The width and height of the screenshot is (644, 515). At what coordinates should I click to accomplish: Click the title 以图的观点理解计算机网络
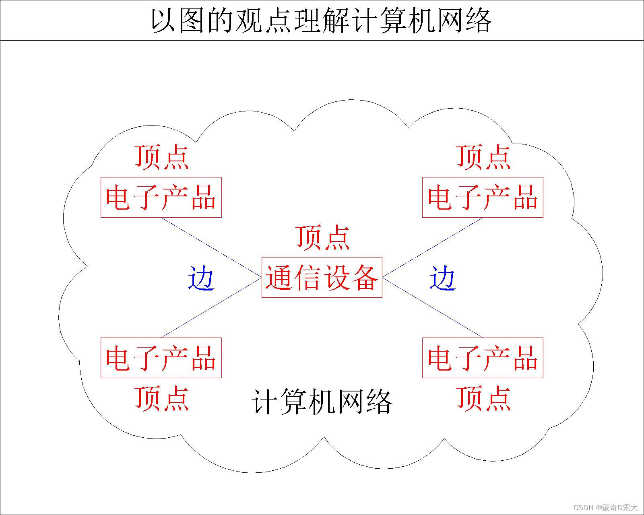tap(321, 20)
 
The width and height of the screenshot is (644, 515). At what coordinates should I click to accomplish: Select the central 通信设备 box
tap(322, 277)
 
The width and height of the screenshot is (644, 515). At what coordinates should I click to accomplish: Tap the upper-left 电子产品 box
tap(161, 197)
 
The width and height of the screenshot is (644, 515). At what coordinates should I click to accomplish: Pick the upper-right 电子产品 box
tap(483, 197)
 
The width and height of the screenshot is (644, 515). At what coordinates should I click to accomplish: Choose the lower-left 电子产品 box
tap(161, 358)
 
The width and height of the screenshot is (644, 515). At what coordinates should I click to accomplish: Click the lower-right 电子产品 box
tap(483, 358)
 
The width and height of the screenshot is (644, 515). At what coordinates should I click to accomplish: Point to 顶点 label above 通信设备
tap(323, 237)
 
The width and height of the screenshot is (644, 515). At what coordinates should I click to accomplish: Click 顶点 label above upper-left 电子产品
tap(162, 157)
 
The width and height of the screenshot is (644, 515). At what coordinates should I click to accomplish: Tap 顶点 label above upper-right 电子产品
tap(484, 157)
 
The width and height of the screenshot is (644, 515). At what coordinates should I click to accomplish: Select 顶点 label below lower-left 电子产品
tap(162, 398)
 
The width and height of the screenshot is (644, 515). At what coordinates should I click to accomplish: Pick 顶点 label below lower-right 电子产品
tap(484, 398)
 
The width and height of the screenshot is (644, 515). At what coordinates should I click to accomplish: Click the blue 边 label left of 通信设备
tap(201, 278)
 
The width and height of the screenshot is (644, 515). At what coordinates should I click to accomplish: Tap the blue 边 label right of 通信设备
tap(442, 278)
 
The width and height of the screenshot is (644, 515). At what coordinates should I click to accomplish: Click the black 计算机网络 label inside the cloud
tap(322, 401)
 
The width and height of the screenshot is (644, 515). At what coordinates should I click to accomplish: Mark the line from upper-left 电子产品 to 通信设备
tap(211, 247)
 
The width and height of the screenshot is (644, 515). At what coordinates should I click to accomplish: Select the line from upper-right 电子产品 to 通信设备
tap(433, 247)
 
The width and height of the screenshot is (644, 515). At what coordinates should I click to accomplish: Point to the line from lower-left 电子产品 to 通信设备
tap(211, 307)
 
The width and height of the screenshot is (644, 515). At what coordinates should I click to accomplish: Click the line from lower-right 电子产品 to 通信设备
tap(433, 307)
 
